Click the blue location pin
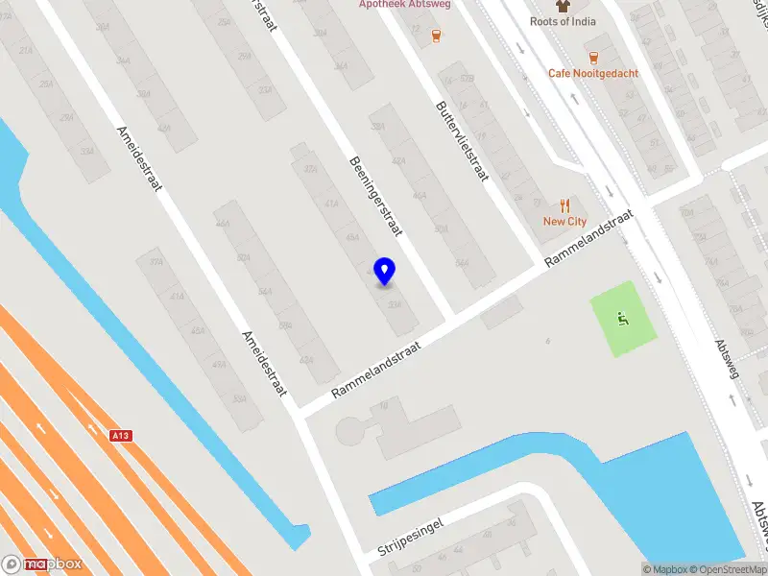coord(385,272)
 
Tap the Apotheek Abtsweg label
coord(404,5)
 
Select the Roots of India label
coord(563,21)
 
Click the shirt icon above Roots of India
coord(563,6)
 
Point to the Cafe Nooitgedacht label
coord(592,73)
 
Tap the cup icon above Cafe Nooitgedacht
coord(592,57)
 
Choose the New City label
coord(564,221)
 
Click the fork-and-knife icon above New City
coord(564,204)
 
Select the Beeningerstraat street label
coord(375,196)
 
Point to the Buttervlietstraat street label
coord(463,141)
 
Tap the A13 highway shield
coord(120,436)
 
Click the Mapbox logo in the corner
coord(41,564)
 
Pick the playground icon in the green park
coord(623,318)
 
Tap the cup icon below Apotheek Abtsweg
coord(436,36)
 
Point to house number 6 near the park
coord(548,341)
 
